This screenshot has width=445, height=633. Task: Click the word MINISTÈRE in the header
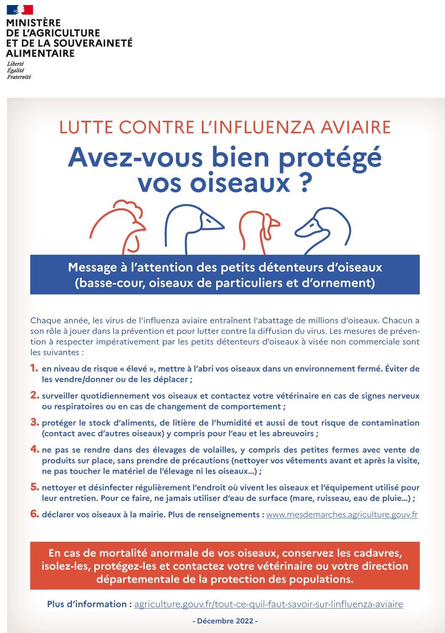[33, 23]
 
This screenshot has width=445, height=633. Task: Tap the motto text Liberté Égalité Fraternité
[19, 70]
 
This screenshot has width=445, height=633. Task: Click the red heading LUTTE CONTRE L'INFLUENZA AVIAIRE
[225, 127]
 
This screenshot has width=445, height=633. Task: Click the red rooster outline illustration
[118, 225]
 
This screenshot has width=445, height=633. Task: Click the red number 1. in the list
[34, 369]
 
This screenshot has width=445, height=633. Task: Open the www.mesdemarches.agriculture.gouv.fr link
[342, 515]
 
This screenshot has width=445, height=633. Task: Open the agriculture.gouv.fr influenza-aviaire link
[268, 604]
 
